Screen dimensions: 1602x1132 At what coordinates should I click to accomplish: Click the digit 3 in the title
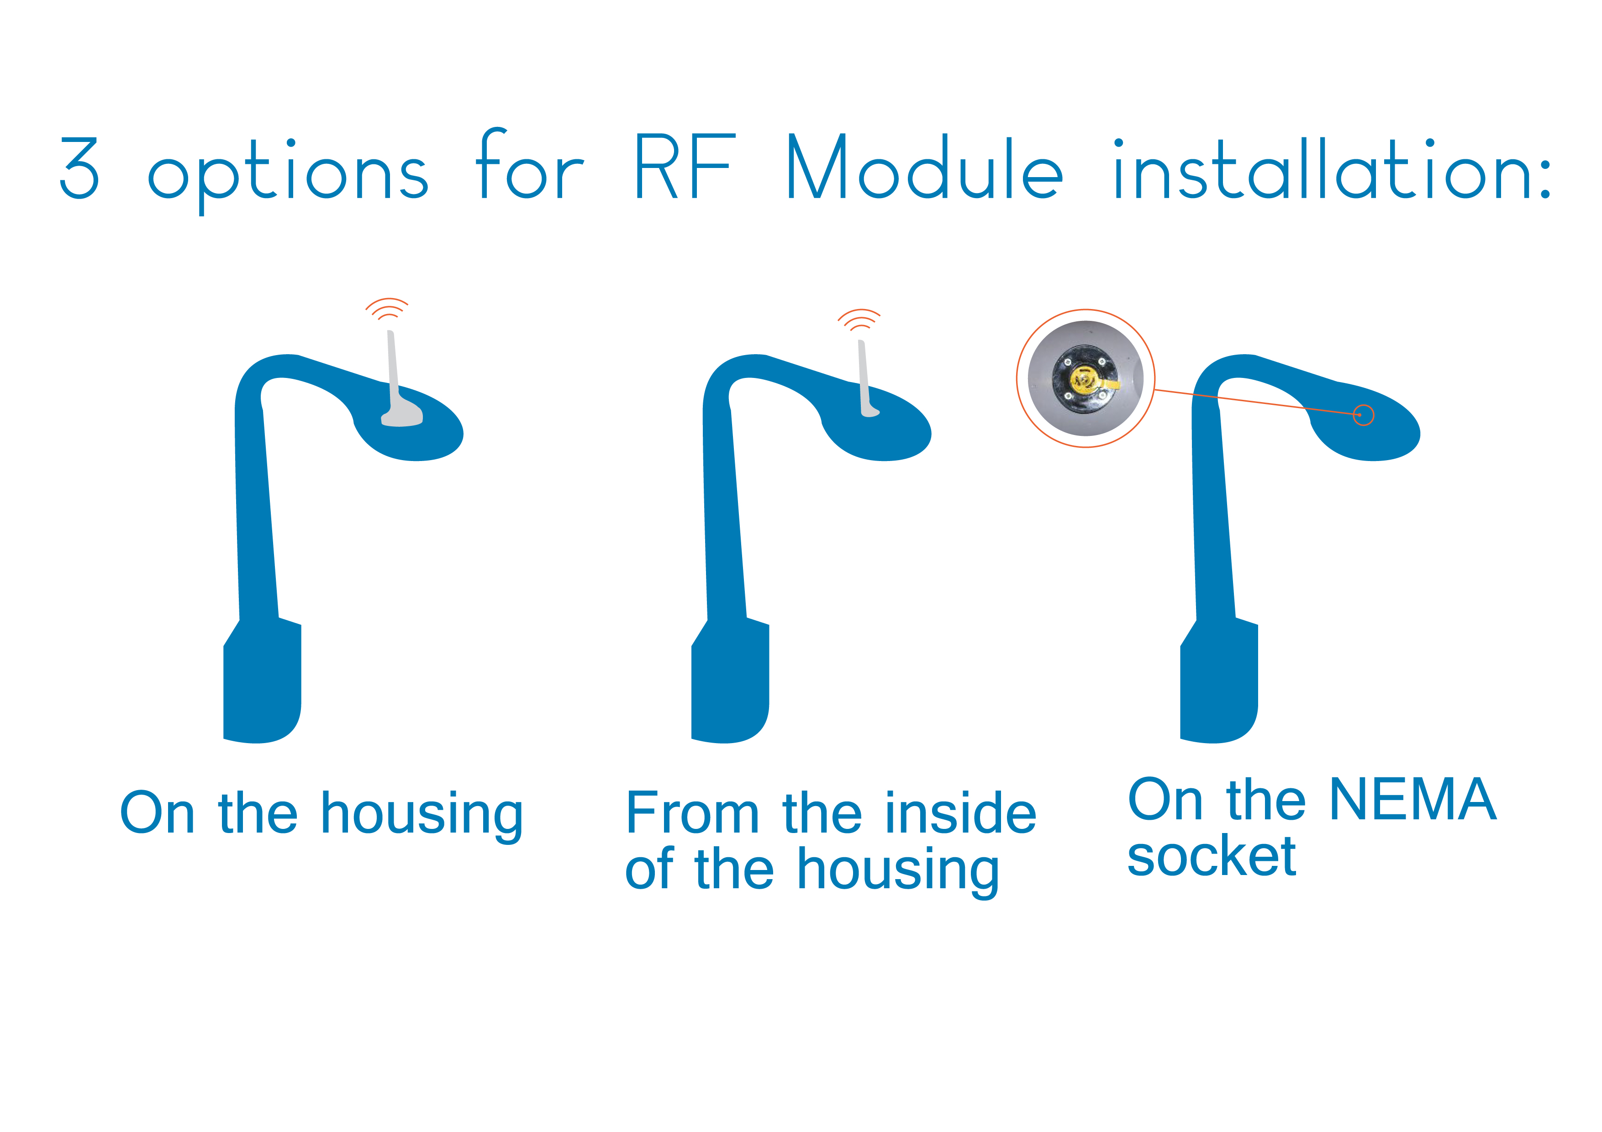[79, 168]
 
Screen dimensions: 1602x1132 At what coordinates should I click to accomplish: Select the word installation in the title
[1331, 168]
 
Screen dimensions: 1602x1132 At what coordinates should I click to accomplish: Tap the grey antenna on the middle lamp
[867, 379]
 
